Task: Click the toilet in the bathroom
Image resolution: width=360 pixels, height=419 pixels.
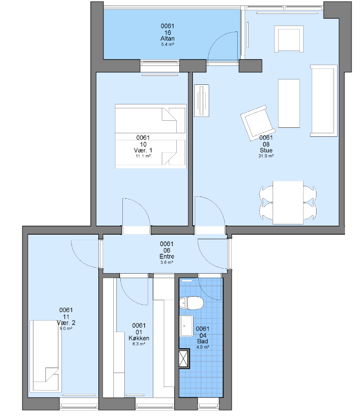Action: (191, 303)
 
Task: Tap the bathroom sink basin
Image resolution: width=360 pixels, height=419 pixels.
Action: (187, 326)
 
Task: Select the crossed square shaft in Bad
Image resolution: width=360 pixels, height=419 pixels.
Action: (183, 359)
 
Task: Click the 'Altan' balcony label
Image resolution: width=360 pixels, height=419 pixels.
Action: (167, 38)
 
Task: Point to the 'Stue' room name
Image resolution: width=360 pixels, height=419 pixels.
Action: (266, 150)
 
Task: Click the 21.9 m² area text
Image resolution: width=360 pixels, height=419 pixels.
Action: (266, 156)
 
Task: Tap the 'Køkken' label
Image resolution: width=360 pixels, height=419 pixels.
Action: (139, 338)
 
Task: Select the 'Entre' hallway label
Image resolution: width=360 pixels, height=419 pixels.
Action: (167, 257)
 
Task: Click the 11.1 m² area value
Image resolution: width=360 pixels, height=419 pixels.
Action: (143, 156)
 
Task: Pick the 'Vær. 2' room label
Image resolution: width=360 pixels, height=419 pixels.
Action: (66, 323)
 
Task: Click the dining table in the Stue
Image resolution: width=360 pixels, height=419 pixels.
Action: (288, 203)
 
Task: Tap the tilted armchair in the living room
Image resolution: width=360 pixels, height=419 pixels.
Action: (258, 123)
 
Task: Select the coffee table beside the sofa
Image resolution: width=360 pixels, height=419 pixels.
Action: (289, 103)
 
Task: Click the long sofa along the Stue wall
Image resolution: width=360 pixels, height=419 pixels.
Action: (324, 100)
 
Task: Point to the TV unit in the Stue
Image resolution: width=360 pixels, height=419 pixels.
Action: (202, 100)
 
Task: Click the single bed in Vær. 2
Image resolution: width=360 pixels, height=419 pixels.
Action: (45, 356)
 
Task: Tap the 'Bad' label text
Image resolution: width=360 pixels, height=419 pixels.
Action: (203, 341)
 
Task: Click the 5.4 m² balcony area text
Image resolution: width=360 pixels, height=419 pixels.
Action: (168, 44)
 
